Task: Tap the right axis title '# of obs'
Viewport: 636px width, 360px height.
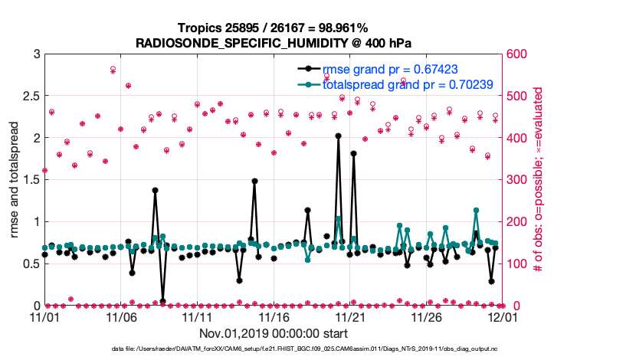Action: [x=538, y=180]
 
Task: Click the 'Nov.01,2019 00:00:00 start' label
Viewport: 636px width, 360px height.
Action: [x=274, y=333]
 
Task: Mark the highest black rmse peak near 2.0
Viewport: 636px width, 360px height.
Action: [x=338, y=136]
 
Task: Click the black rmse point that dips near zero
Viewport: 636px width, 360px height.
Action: [x=162, y=300]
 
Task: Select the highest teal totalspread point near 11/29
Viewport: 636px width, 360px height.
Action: [x=476, y=210]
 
